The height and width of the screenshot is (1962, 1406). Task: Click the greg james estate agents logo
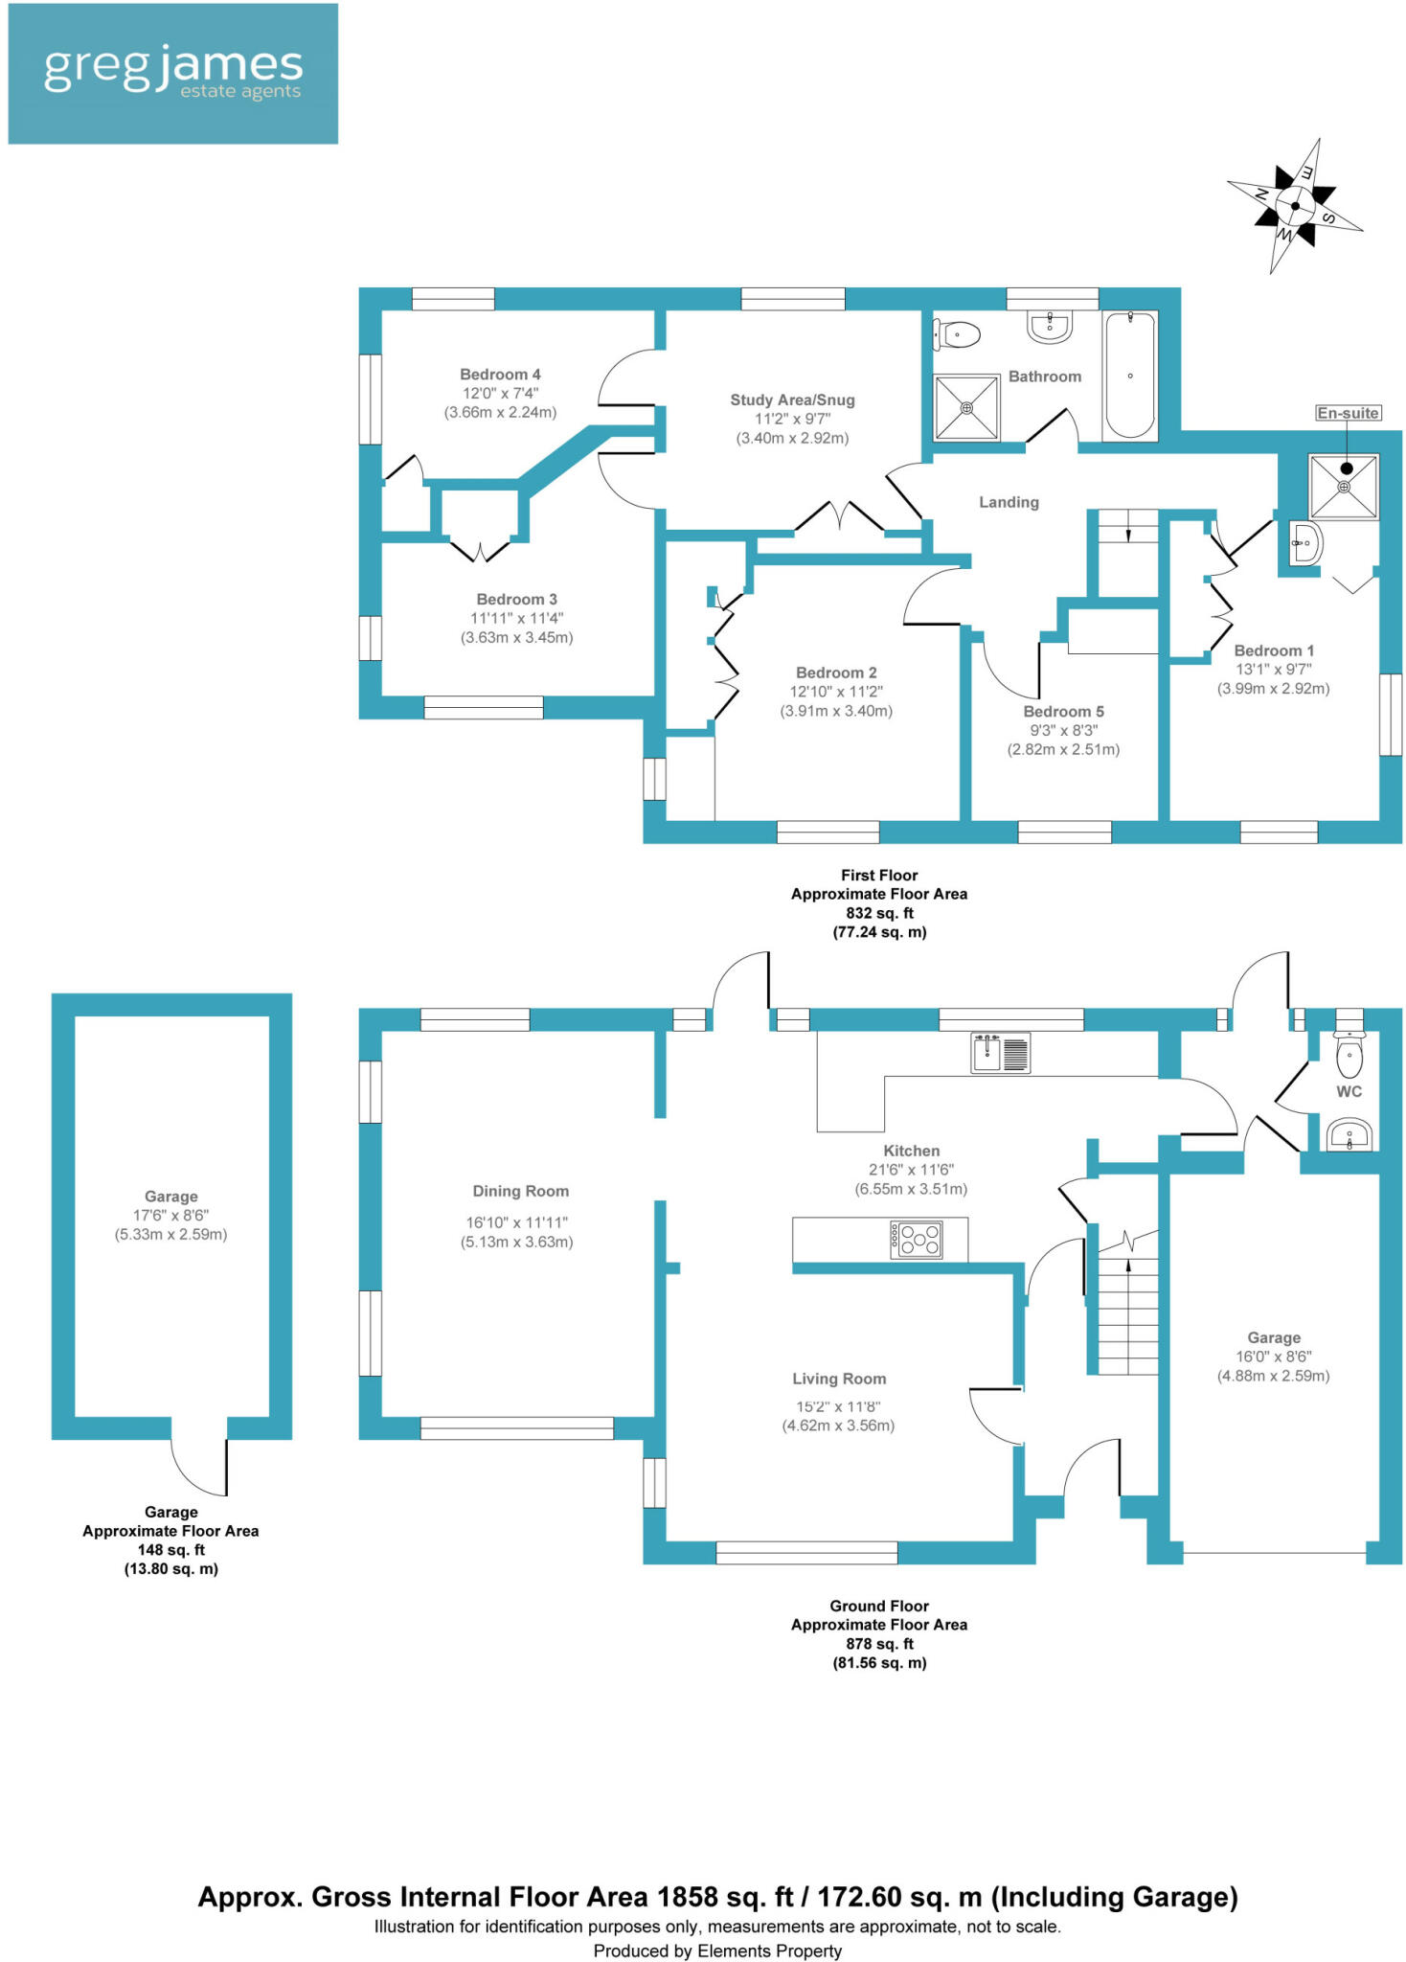[x=172, y=74]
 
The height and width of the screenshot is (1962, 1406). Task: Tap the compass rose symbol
[x=1294, y=206]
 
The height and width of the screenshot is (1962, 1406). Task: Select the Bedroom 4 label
[x=500, y=375]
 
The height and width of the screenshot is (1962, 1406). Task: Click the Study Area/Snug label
[x=792, y=400]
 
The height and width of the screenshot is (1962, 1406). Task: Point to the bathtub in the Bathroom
[x=1130, y=375]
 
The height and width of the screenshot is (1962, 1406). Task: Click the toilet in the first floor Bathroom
[x=958, y=334]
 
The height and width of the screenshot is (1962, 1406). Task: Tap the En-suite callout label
[x=1347, y=413]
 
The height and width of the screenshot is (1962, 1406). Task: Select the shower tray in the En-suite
[x=1344, y=487]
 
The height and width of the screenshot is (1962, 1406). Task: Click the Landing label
[x=1009, y=502]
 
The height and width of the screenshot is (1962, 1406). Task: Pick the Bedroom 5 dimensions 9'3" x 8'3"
[x=1063, y=730]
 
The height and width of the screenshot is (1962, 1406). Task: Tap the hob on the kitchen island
[x=917, y=1239]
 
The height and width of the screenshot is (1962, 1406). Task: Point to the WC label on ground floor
[x=1349, y=1092]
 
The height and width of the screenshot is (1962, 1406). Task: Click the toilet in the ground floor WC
[x=1349, y=1057]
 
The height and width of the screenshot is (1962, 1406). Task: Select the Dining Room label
[x=520, y=1191]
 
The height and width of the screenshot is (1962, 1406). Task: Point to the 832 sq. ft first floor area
[x=879, y=913]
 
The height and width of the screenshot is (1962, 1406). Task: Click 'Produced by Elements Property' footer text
[x=717, y=1951]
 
